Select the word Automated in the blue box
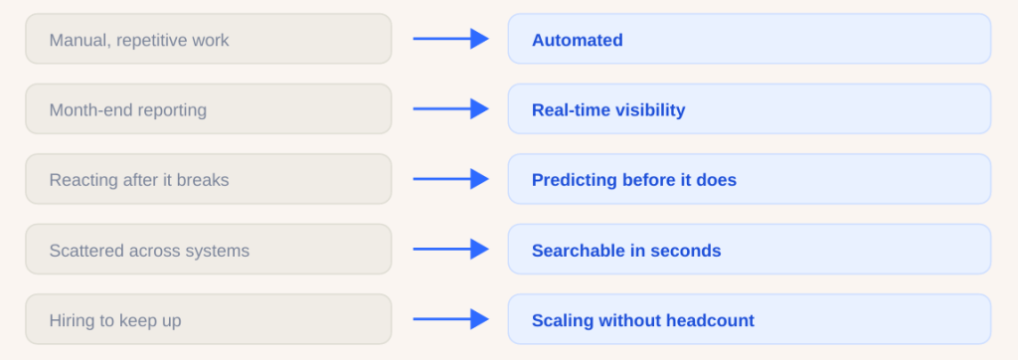pyautogui.click(x=578, y=41)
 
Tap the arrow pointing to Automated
pyautogui.click(x=450, y=39)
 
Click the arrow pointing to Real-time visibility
pyautogui.click(x=450, y=109)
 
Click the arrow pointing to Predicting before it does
pyautogui.click(x=450, y=179)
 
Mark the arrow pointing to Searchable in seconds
pyautogui.click(x=450, y=249)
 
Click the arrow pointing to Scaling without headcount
pyautogui.click(x=450, y=319)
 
